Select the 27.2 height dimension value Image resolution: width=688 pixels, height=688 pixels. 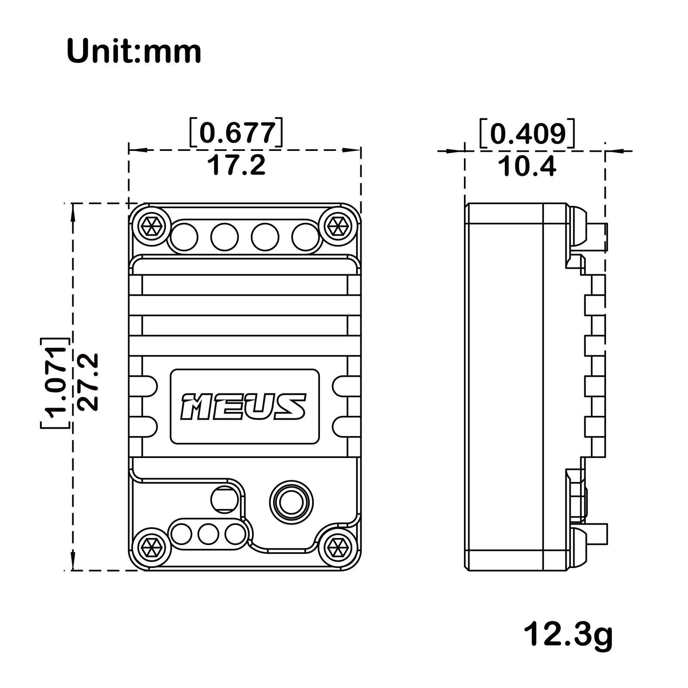[x=89, y=381]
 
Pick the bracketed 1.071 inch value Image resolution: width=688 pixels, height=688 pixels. [x=55, y=382]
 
